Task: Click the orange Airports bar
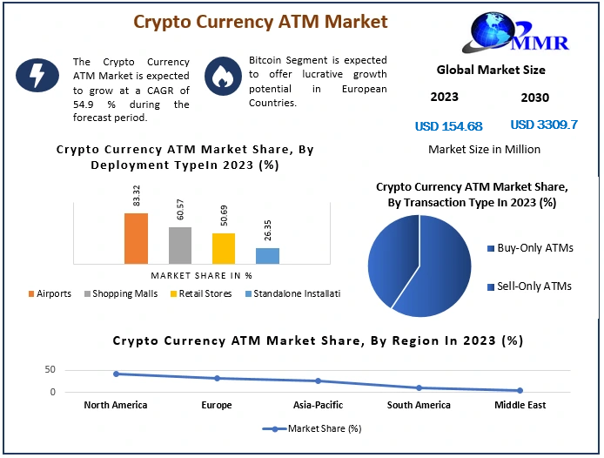point(136,239)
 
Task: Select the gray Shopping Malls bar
point(180,246)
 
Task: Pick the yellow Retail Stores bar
point(224,249)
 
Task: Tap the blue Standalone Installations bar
point(268,256)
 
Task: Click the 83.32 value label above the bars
point(137,195)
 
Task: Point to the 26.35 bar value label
point(268,230)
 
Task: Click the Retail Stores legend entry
point(201,293)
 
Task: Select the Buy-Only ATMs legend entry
point(530,248)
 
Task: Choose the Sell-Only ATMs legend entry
point(530,286)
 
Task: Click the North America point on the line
point(116,374)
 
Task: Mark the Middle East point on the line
point(520,391)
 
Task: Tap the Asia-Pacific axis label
point(318,405)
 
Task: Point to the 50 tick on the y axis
point(50,370)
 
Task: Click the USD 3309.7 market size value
point(544,125)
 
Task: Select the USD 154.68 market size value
point(449,126)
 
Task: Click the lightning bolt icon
point(37,75)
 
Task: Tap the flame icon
point(224,77)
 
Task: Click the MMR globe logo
point(516,32)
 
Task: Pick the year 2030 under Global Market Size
point(535,98)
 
